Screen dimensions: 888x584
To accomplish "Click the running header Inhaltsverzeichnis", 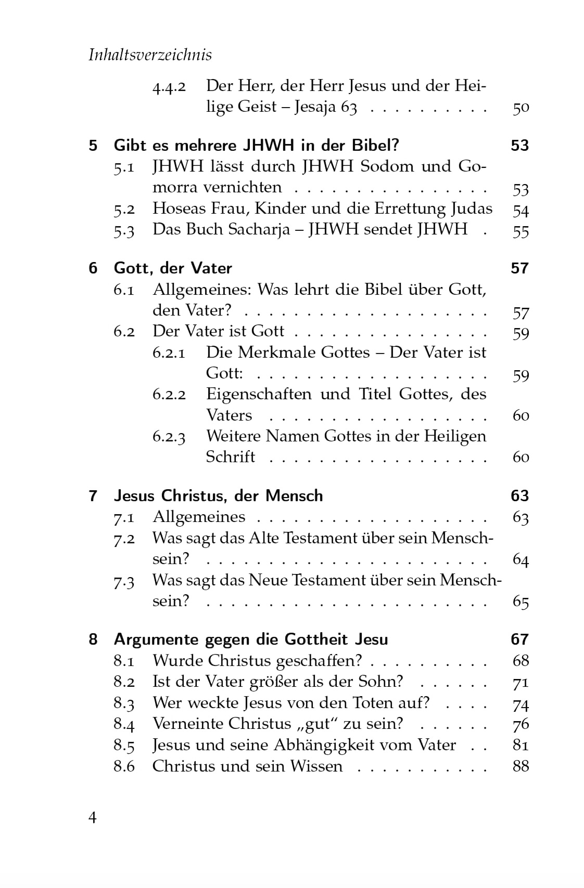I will click(x=150, y=55).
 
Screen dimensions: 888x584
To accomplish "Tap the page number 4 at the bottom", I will click(x=93, y=817).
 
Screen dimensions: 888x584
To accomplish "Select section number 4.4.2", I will click(x=169, y=87).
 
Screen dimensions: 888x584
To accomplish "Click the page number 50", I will click(x=520, y=108).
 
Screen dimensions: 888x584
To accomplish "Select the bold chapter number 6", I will click(x=93, y=268).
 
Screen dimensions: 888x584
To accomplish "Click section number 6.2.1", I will click(x=169, y=353).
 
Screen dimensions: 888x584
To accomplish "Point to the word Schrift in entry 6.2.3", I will click(x=230, y=457).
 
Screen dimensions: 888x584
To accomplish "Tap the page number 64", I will click(x=520, y=559).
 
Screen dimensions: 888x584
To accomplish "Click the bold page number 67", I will click(x=519, y=639).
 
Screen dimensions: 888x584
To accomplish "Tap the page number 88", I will click(x=520, y=766).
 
